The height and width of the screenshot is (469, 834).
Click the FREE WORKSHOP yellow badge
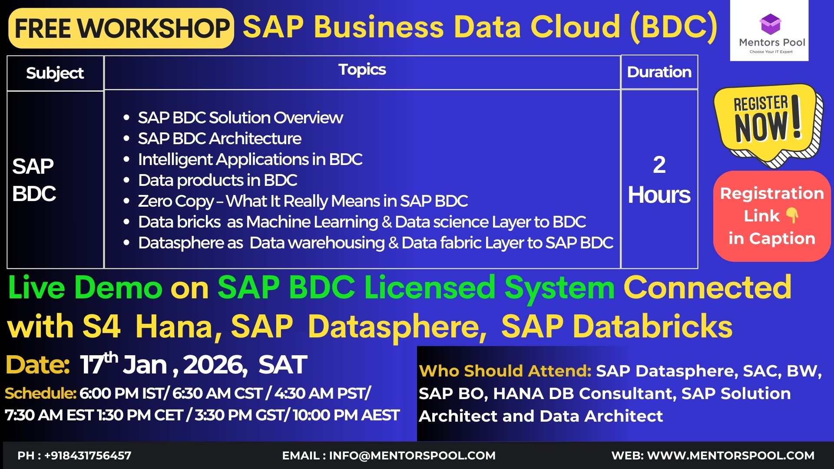121,28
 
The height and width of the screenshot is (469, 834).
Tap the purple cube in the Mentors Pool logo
770,24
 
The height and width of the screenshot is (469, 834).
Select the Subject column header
55,73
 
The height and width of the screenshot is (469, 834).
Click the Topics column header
362,69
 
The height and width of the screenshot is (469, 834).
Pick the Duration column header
659,72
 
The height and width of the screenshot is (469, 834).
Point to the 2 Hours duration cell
659,179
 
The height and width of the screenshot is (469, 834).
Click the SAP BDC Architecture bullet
219,139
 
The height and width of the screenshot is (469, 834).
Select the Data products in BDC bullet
218,180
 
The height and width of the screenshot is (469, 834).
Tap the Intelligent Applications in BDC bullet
250,159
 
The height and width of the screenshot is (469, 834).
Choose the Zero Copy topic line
303,201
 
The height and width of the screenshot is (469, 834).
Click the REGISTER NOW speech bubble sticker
768,125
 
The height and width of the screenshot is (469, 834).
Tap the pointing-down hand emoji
793,215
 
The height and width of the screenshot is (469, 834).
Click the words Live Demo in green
85,287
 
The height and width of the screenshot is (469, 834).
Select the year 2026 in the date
213,365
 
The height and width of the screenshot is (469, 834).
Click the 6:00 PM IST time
121,393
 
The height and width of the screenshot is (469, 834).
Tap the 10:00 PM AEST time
346,415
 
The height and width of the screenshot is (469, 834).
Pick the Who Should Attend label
505,371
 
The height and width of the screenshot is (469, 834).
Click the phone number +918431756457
88,456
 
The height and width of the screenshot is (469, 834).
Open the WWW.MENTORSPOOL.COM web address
731,456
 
